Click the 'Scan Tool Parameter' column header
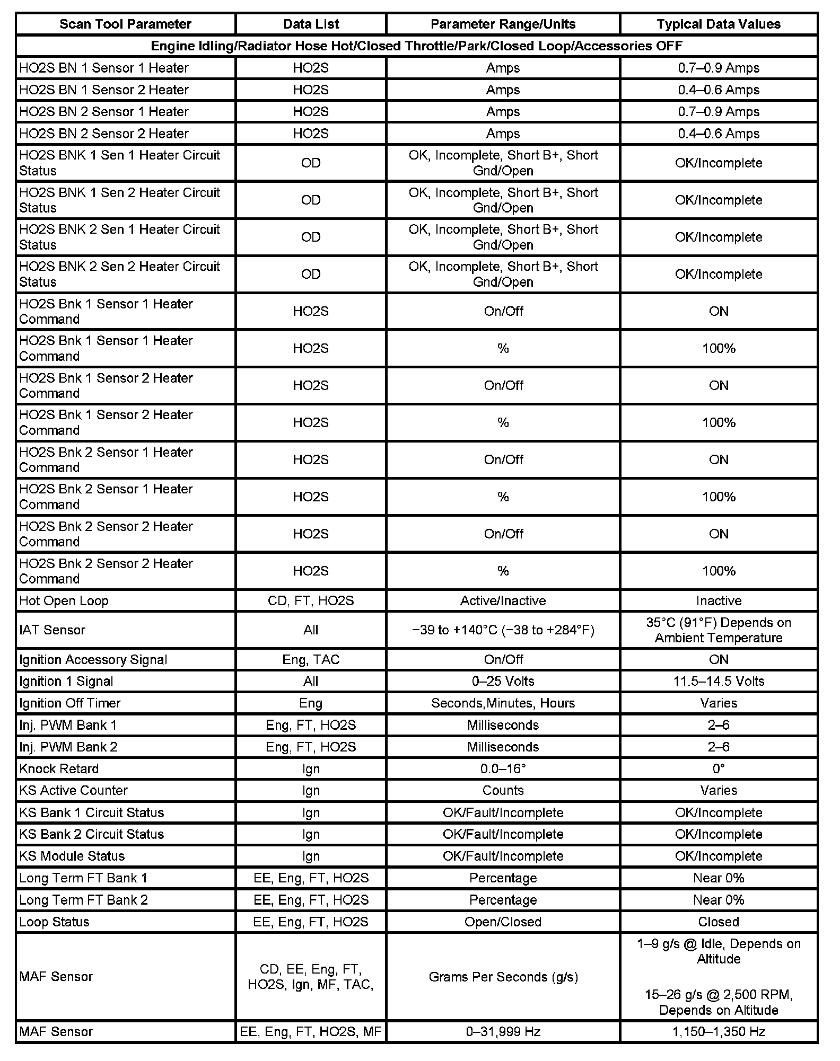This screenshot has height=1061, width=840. tap(125, 24)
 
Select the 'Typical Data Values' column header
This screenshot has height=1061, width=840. tap(719, 24)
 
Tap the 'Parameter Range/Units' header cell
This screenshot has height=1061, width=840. tap(503, 24)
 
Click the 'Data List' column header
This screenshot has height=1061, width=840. tap(311, 24)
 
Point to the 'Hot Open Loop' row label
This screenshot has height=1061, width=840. tap(64, 600)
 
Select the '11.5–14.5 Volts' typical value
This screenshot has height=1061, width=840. tap(719, 681)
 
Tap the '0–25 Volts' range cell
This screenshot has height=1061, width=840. tap(503, 681)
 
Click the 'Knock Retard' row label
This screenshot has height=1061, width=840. tap(59, 768)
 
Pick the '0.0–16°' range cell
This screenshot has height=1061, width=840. tap(503, 768)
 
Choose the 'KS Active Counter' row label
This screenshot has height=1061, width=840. tap(73, 790)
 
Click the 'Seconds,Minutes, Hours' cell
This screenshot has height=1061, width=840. tap(503, 703)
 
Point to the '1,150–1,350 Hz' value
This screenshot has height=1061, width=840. tap(719, 1031)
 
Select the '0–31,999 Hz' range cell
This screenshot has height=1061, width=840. tap(503, 1031)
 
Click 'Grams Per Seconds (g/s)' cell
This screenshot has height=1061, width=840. tap(503, 977)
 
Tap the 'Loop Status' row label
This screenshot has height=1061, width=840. tap(54, 922)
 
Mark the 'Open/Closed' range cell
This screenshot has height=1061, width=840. tap(503, 922)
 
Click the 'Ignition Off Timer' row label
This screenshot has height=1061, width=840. tap(70, 703)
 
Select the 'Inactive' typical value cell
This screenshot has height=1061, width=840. tap(719, 600)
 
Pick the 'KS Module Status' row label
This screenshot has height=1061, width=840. tap(72, 856)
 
